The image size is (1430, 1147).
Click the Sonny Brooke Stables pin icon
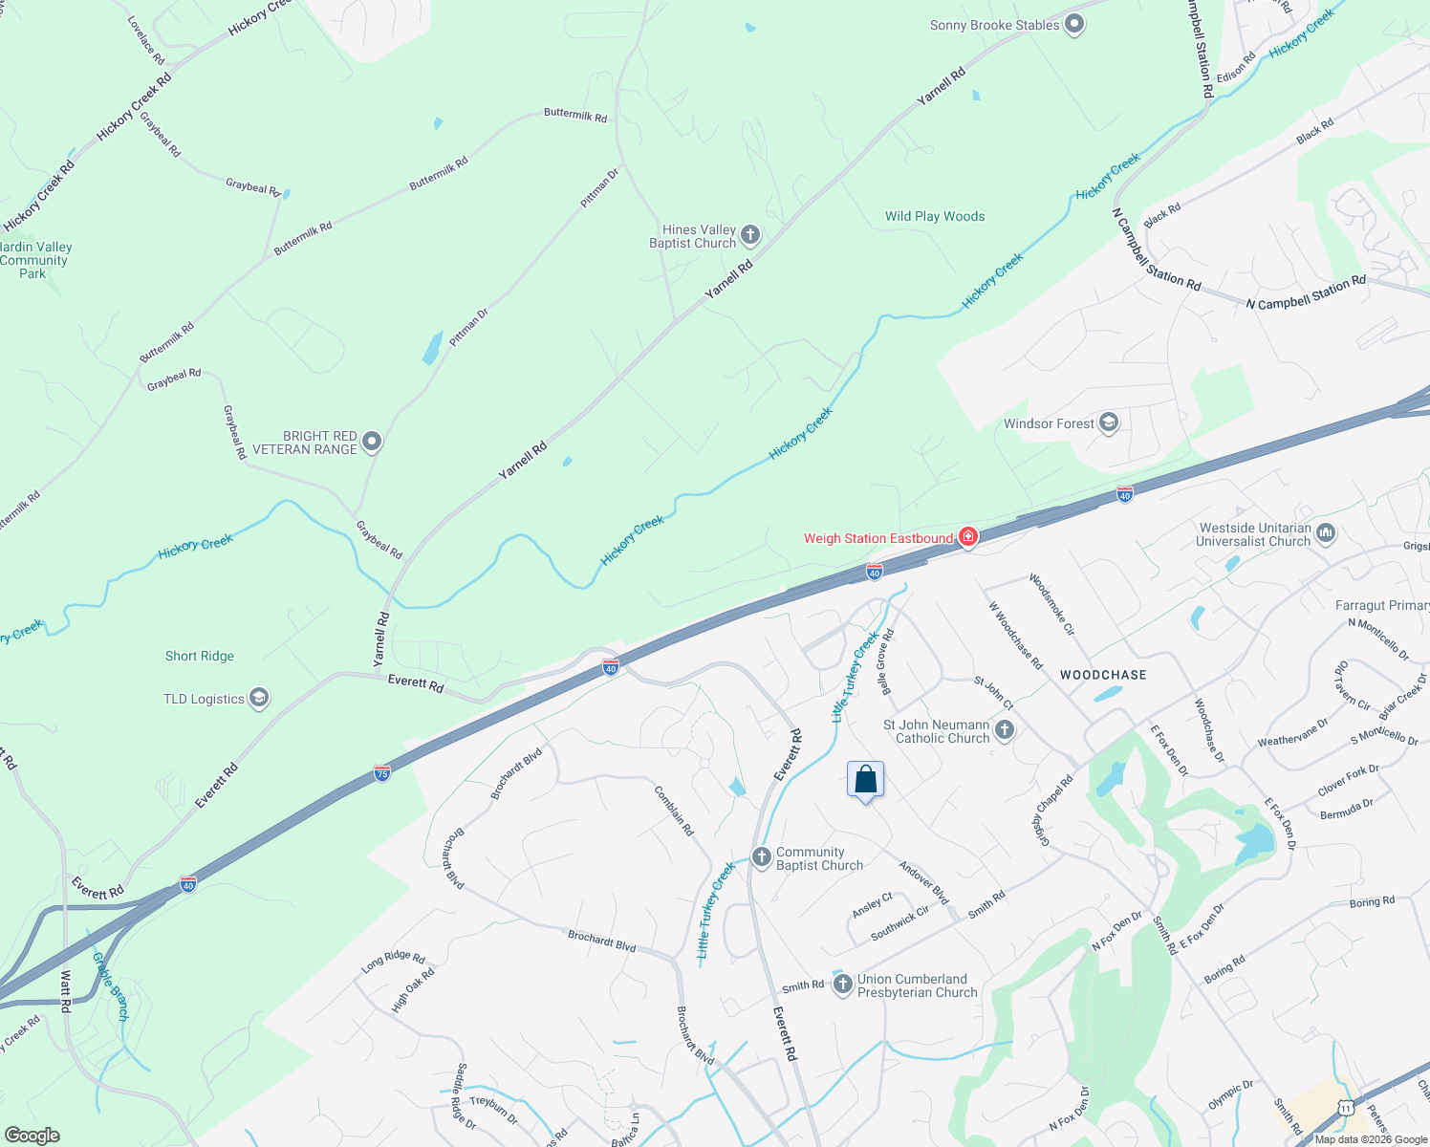pyautogui.click(x=1074, y=25)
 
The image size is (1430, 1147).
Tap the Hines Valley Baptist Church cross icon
pyautogui.click(x=750, y=235)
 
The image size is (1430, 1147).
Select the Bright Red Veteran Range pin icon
pyautogui.click(x=372, y=442)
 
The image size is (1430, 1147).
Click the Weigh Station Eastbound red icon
pyautogui.click(x=968, y=538)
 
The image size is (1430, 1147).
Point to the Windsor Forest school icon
pyautogui.click(x=1109, y=422)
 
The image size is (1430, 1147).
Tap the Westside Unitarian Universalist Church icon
pyautogui.click(x=1326, y=533)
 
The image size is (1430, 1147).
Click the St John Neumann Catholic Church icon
pyautogui.click(x=1004, y=731)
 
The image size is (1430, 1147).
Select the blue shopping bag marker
pyautogui.click(x=865, y=780)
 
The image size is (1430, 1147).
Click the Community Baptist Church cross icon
pyautogui.click(x=762, y=856)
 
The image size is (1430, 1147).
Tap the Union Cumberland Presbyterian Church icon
pyautogui.click(x=842, y=985)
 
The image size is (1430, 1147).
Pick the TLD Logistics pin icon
pyautogui.click(x=258, y=698)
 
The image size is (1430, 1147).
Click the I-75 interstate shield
pyautogui.click(x=382, y=772)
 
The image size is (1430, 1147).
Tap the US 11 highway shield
pyautogui.click(x=1346, y=1108)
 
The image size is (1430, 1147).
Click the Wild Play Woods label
pyautogui.click(x=934, y=217)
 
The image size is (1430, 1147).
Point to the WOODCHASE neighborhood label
pyautogui.click(x=1103, y=675)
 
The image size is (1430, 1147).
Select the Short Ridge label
pyautogui.click(x=199, y=656)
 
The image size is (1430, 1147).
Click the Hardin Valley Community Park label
pyautogui.click(x=34, y=260)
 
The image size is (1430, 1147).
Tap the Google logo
pyautogui.click(x=32, y=1136)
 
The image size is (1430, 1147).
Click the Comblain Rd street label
pyautogui.click(x=674, y=811)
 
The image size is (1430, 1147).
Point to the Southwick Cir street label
pyautogui.click(x=899, y=923)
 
